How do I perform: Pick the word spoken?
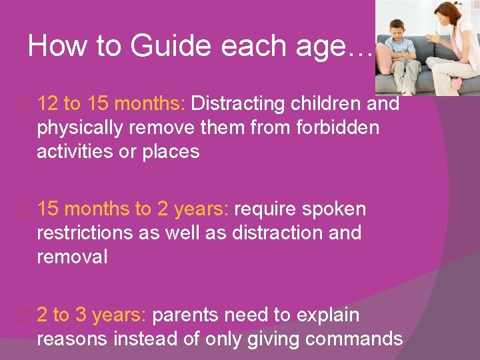click(x=333, y=209)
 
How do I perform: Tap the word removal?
click(x=72, y=257)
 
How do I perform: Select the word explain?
click(x=323, y=315)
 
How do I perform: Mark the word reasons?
click(x=72, y=339)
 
